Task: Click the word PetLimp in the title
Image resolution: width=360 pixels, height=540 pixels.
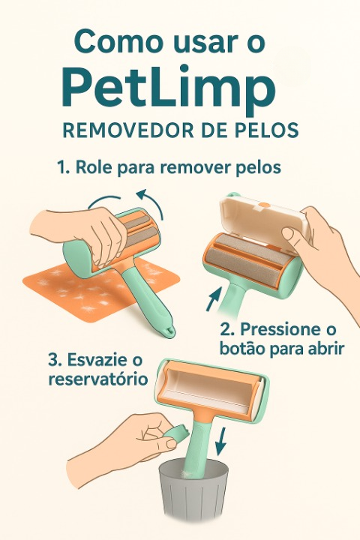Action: [169, 89]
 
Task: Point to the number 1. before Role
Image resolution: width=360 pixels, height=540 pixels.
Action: [64, 167]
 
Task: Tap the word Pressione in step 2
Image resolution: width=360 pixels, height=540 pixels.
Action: [275, 329]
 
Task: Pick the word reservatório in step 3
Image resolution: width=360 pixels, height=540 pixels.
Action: [98, 379]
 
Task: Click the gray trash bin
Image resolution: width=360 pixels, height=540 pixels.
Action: [193, 489]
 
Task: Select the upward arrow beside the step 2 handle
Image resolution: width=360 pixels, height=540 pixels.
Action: [214, 299]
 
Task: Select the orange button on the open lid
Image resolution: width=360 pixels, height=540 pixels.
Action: [264, 205]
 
